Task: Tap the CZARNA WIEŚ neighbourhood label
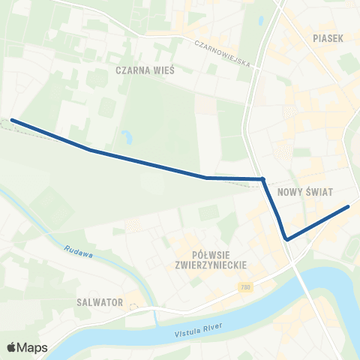tap(145, 70)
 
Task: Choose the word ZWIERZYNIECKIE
tap(210, 265)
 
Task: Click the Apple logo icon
tap(12, 347)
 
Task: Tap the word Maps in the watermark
tap(34, 347)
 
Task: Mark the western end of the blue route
tap(12, 120)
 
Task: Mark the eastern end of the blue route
tap(349, 206)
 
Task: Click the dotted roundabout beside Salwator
tap(134, 305)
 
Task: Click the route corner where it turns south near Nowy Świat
tap(263, 178)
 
